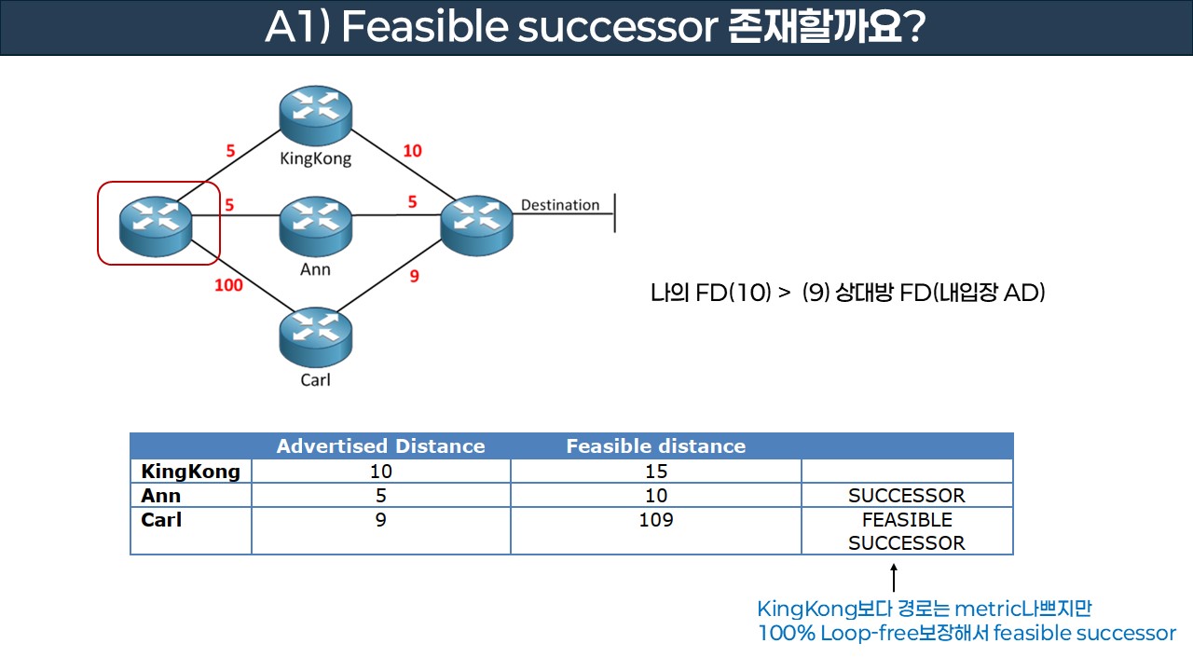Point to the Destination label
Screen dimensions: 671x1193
(x=559, y=205)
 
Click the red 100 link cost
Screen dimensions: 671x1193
(x=228, y=284)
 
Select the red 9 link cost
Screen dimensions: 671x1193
(x=415, y=276)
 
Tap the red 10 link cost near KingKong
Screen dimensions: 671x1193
(x=412, y=151)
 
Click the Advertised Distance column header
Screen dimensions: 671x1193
(x=380, y=446)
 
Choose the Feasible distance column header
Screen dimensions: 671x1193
(x=655, y=446)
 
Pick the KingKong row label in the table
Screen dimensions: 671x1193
(x=190, y=472)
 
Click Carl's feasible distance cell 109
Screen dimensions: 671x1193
(x=655, y=520)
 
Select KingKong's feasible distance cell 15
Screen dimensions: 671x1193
(x=655, y=472)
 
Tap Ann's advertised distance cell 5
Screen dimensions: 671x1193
(x=380, y=496)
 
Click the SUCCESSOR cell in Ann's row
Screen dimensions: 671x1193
(x=906, y=496)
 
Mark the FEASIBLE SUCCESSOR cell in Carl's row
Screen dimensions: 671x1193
(x=906, y=531)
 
